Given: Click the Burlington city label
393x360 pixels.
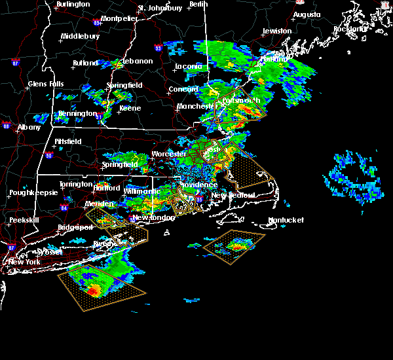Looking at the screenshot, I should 73,4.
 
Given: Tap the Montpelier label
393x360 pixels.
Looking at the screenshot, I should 120,18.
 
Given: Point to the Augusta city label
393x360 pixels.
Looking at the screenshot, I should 307,14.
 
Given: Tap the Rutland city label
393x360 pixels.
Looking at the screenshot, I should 86,63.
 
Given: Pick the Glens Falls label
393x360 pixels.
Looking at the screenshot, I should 47,84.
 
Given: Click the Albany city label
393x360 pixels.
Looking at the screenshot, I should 29,128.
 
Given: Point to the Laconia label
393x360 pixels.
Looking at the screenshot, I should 189,66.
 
